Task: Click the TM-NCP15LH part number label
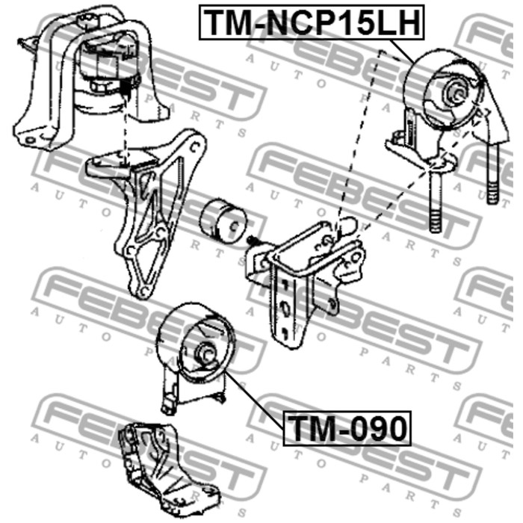(x=311, y=22)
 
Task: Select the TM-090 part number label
(x=347, y=429)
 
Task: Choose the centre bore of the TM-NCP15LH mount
(x=454, y=93)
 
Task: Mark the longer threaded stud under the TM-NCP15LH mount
(x=436, y=202)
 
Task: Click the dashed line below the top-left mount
(x=126, y=142)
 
